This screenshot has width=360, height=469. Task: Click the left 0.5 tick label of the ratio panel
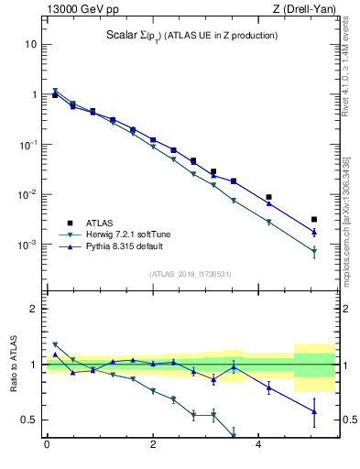30,420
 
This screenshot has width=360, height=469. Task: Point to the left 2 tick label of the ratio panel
35,309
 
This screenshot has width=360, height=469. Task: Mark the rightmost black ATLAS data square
314,220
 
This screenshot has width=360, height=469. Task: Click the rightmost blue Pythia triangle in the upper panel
314,232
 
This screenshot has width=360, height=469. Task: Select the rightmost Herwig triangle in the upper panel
314,251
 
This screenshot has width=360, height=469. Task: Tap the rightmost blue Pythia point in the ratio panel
314,411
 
